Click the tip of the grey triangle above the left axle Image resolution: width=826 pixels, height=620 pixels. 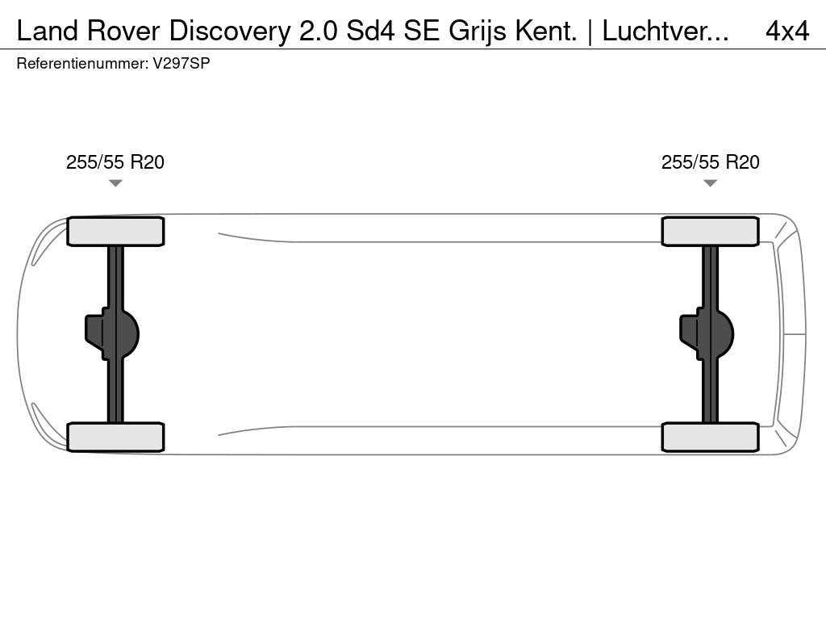click(115, 186)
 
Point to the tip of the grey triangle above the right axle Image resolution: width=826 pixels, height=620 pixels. click(710, 186)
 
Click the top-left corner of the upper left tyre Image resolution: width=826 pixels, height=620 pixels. click(68, 217)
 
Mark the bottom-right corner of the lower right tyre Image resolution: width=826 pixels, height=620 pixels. click(758, 451)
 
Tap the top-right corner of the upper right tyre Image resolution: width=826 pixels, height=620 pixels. click(758, 217)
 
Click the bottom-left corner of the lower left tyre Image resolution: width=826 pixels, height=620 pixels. click(68, 451)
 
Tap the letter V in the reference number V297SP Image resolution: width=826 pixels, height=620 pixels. click(157, 63)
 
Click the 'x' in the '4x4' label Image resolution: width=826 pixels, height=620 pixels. click(787, 32)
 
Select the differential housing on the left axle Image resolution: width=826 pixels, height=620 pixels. click(111, 334)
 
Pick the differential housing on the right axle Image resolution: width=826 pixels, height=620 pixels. click(707, 334)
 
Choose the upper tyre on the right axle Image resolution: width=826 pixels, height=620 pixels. click(710, 232)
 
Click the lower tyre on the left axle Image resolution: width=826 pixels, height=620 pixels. click(115, 437)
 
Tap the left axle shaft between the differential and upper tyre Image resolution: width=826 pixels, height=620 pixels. click(115, 278)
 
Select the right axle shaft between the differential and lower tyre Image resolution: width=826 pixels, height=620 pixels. click(710, 392)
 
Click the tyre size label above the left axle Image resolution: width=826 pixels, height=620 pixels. click(115, 162)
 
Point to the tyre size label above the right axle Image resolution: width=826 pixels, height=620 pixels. click(710, 162)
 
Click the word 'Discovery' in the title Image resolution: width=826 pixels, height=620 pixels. click(230, 31)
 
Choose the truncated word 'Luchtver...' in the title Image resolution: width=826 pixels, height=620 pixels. click(665, 31)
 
